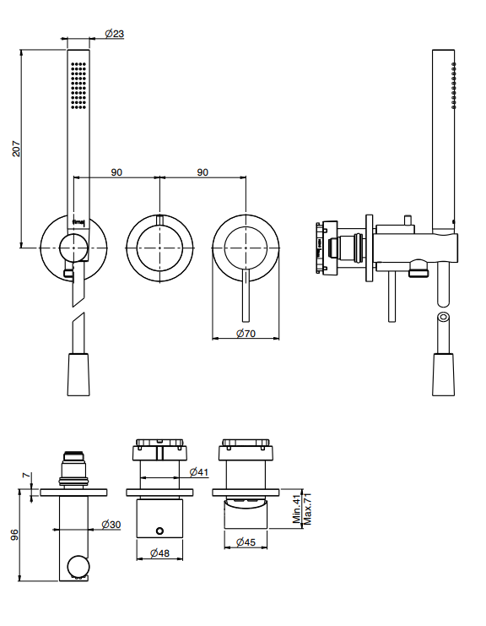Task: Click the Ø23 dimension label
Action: [115, 34]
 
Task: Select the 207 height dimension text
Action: [16, 149]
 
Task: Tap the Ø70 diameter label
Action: [246, 333]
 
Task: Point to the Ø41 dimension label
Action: [199, 472]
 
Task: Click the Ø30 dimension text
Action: [111, 524]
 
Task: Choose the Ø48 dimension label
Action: [159, 553]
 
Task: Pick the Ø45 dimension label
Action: [246, 542]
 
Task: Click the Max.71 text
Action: [307, 509]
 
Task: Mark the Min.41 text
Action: [297, 509]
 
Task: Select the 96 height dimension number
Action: [14, 535]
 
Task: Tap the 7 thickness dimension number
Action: [27, 476]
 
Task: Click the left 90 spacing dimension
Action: [116, 172]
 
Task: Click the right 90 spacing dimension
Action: [202, 172]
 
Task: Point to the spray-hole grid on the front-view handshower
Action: [78, 85]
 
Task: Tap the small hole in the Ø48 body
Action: [159, 531]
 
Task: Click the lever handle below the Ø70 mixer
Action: [246, 296]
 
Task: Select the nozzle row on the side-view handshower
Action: [454, 85]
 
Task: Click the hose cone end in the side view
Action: [443, 374]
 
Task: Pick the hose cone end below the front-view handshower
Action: [78, 374]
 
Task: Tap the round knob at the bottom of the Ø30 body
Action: [78, 566]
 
